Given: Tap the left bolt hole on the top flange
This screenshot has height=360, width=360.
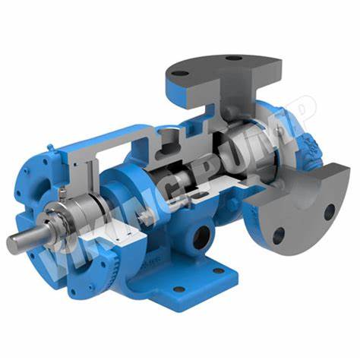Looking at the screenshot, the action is click(179, 74).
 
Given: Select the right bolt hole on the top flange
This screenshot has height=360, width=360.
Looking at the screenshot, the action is click(234, 58).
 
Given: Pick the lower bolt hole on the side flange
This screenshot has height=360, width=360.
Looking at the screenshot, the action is click(278, 234).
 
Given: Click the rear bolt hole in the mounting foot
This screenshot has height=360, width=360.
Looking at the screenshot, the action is click(218, 270).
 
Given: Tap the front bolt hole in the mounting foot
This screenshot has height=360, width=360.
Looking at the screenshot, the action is click(179, 289).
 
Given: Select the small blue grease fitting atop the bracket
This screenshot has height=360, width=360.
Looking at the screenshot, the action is click(51, 147).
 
